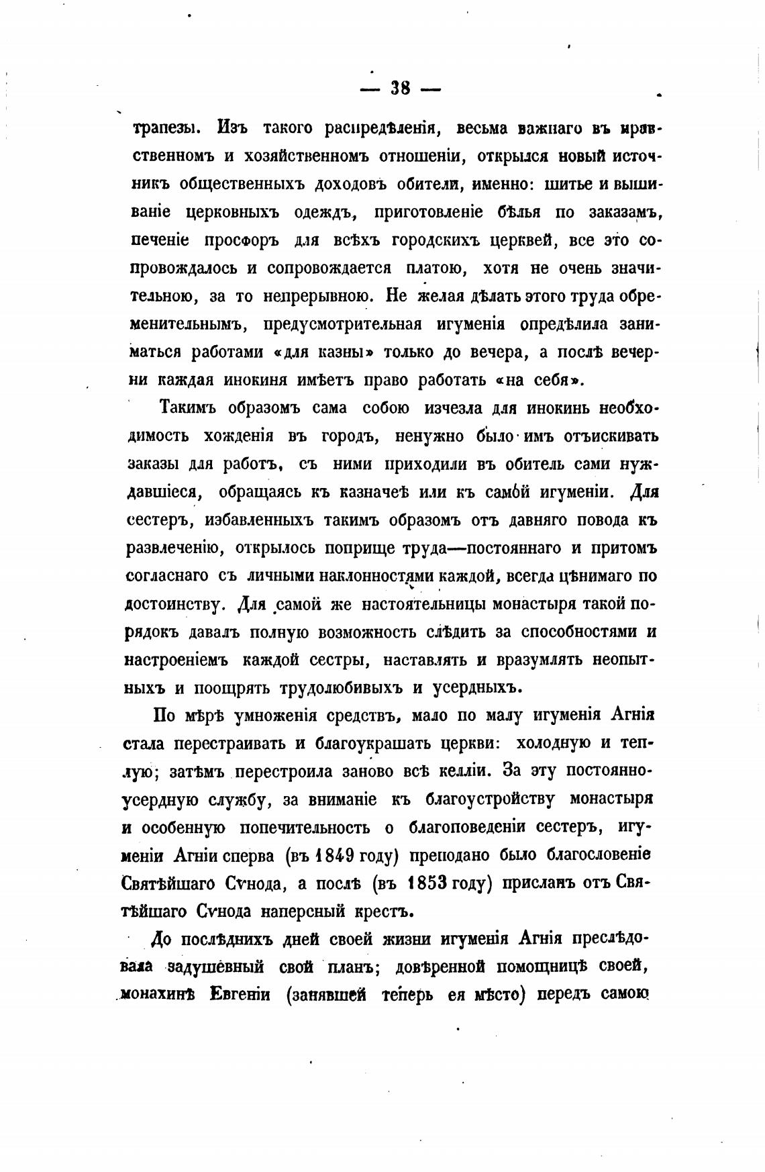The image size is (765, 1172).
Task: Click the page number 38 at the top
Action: (x=400, y=88)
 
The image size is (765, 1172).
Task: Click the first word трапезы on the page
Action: (x=158, y=128)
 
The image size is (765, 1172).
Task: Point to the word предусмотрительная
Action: (x=342, y=324)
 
